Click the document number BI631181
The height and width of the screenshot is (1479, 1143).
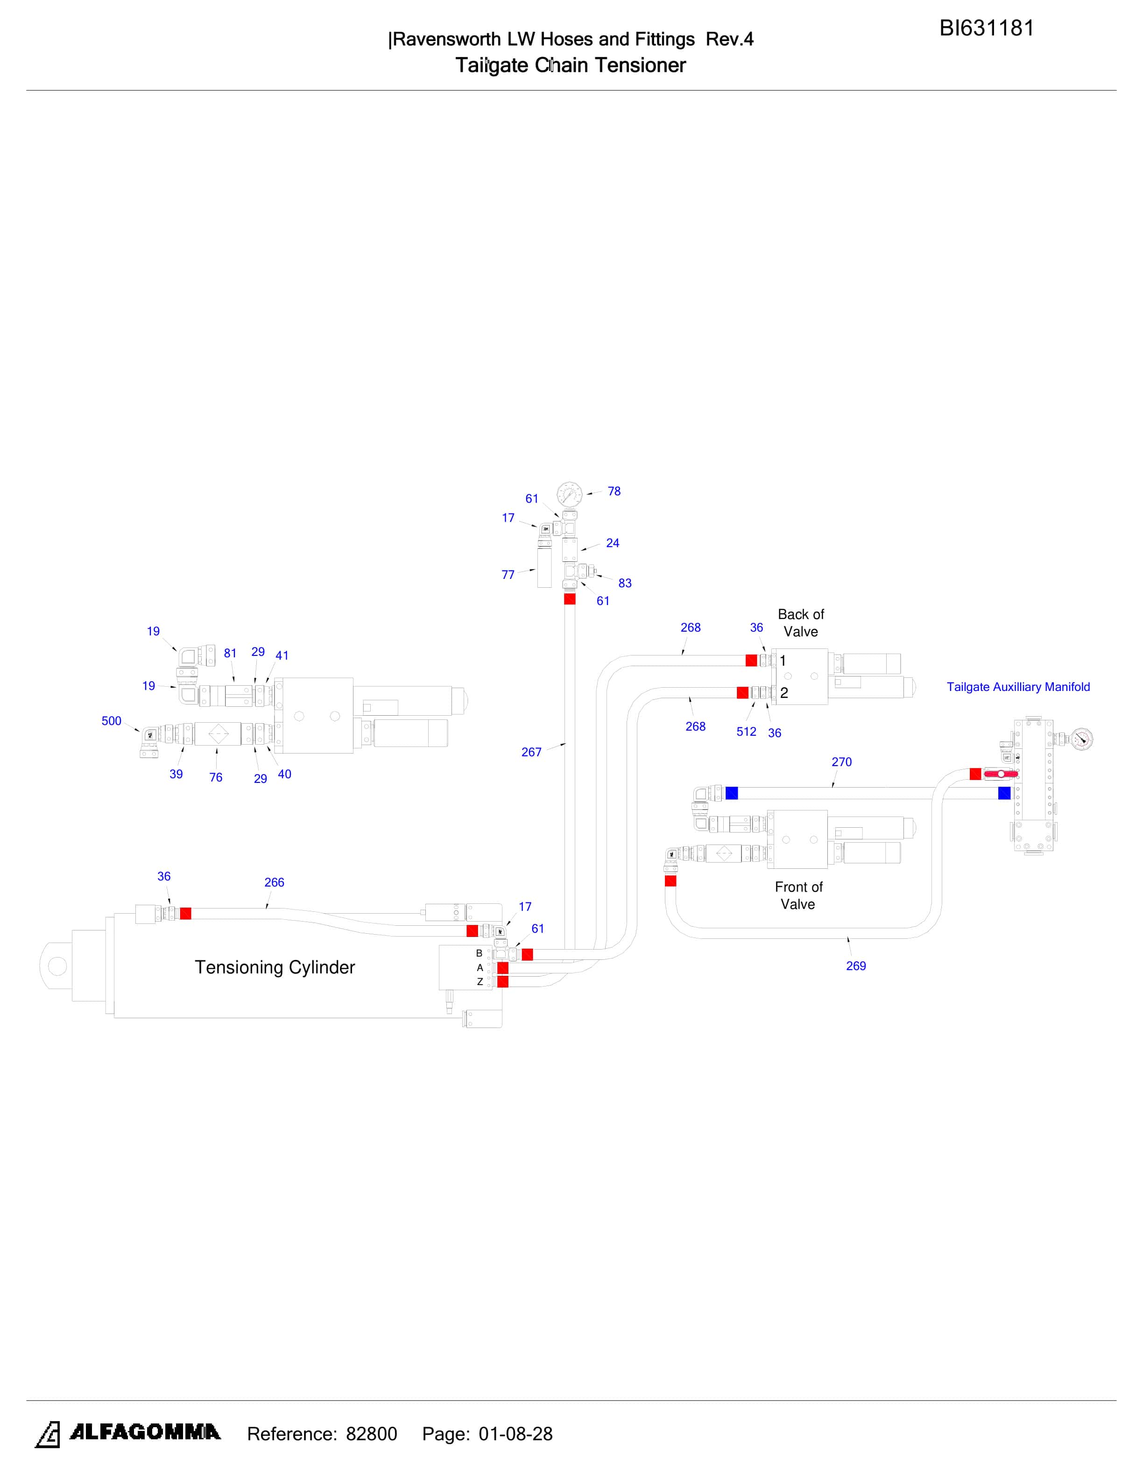pyautogui.click(x=986, y=28)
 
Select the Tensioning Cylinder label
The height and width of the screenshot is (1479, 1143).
pyautogui.click(x=275, y=967)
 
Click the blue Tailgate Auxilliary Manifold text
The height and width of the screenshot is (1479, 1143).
pyautogui.click(x=1018, y=687)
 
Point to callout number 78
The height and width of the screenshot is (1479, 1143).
pyautogui.click(x=614, y=491)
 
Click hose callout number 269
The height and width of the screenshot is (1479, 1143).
pyautogui.click(x=856, y=965)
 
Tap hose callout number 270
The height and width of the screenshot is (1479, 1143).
pyautogui.click(x=842, y=762)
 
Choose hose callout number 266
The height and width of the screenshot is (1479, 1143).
pyautogui.click(x=274, y=882)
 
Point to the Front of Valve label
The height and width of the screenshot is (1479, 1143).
pyautogui.click(x=798, y=895)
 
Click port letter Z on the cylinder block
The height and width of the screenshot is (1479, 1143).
pyautogui.click(x=480, y=981)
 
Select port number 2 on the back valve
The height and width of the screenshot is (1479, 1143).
pyautogui.click(x=784, y=693)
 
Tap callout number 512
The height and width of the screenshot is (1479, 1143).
pyautogui.click(x=746, y=732)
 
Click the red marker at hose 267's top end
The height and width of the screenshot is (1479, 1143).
pyautogui.click(x=570, y=599)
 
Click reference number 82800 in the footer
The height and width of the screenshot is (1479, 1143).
pyautogui.click(x=372, y=1434)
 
